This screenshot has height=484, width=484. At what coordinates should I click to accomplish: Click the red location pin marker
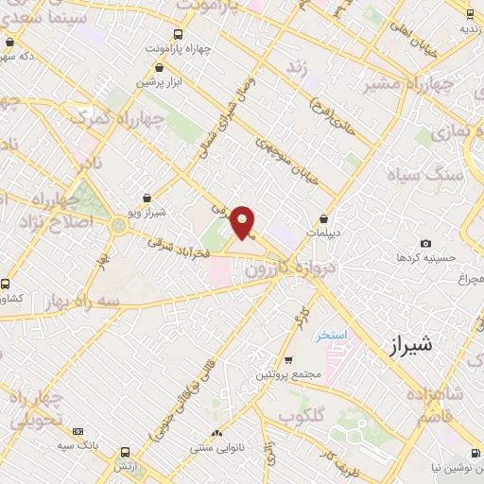pos(244,221)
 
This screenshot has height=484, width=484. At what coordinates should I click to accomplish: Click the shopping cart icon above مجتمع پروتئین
pos(288,360)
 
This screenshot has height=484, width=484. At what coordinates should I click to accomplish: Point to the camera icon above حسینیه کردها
pos(425,244)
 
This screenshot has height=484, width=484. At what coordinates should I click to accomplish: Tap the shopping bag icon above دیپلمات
pos(323,218)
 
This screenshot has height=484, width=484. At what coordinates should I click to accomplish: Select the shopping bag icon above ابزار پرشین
pos(159,68)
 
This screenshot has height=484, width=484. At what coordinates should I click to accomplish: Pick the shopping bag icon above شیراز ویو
pos(147,199)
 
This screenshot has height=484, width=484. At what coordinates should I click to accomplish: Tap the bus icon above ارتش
pos(124,453)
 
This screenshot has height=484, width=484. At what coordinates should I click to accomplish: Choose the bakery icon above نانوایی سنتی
pos(216,433)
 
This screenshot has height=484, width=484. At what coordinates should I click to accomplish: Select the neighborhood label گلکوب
pos(302,416)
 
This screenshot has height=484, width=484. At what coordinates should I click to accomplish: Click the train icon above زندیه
pos(470,13)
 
